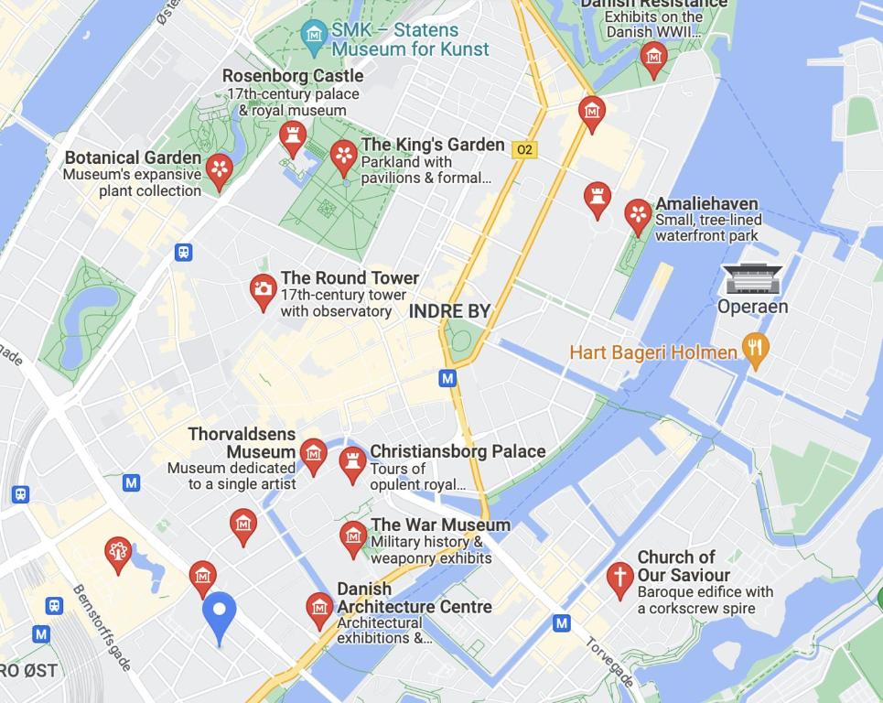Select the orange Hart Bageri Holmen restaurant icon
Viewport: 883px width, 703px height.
[755, 350]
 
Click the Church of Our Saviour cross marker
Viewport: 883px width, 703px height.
[619, 579]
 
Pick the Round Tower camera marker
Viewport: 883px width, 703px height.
[263, 290]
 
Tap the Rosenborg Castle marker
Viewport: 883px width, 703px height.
[293, 136]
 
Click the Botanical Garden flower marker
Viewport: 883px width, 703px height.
[219, 169]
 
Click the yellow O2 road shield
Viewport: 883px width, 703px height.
[524, 149]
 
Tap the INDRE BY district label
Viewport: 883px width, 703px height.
[449, 311]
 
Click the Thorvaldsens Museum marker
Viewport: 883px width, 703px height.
[313, 454]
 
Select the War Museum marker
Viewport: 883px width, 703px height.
[353, 536]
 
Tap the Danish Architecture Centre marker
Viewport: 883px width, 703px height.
[319, 608]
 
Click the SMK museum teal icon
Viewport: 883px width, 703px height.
[315, 34]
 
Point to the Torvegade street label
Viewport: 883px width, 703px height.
[609, 662]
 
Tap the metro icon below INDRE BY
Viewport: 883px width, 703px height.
[447, 377]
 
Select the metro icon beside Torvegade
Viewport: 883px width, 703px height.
[562, 623]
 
